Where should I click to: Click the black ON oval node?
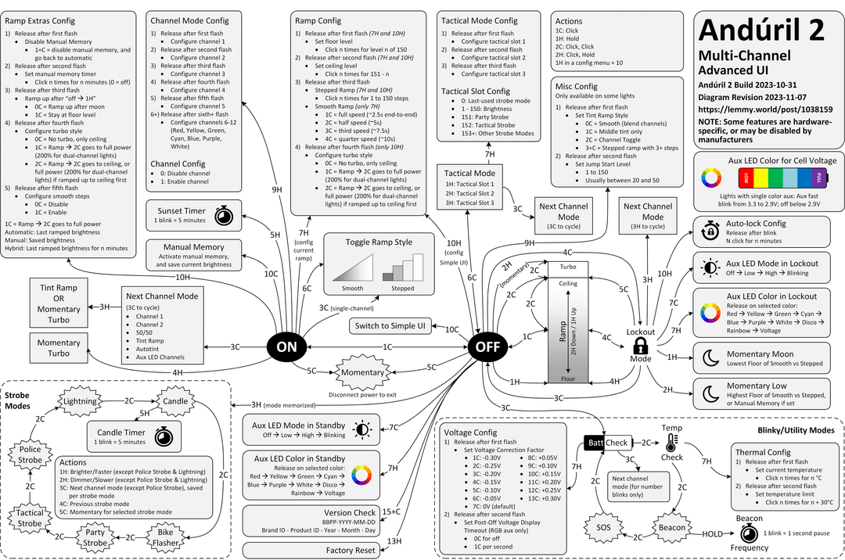[287, 346]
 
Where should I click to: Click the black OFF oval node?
[488, 347]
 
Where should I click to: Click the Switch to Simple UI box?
[390, 325]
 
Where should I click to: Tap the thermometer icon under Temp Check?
[671, 445]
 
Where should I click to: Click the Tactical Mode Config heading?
[480, 20]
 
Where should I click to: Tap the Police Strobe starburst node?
[30, 455]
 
